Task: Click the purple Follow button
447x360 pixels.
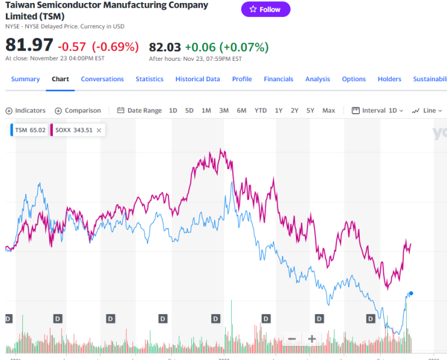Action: coord(265,9)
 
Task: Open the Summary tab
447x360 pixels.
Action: coord(25,79)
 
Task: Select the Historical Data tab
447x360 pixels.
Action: coord(197,79)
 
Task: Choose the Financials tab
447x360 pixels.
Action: coord(279,79)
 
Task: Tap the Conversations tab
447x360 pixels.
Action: coord(102,79)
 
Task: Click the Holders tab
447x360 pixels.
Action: coord(389,79)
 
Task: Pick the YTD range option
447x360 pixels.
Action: coord(260,110)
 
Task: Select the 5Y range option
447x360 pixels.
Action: coord(310,110)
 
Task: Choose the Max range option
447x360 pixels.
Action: coord(328,110)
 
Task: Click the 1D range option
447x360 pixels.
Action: coord(173,110)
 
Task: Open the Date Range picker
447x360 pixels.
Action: coord(139,110)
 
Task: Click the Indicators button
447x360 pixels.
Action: coord(25,110)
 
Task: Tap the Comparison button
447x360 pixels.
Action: coord(78,110)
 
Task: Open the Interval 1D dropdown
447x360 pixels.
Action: coord(377,110)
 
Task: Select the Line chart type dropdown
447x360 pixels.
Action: coord(427,110)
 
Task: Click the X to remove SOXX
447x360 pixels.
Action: coord(99,129)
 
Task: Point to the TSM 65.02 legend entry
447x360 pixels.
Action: coord(29,129)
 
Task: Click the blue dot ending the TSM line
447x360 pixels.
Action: coord(411,293)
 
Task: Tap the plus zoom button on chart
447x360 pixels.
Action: coord(312,338)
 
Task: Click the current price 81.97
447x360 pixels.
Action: coord(29,45)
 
